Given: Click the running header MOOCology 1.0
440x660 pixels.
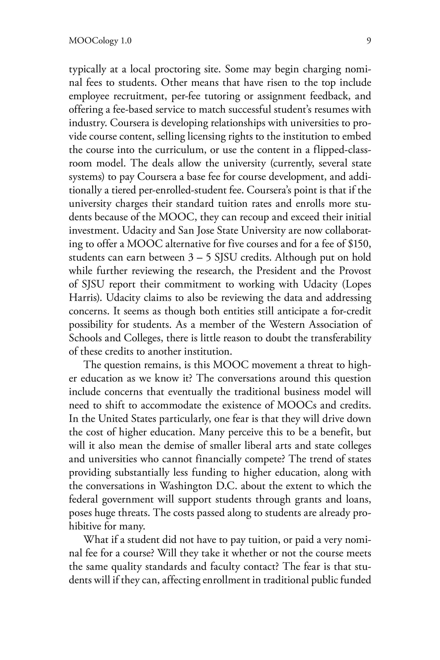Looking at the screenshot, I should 100,41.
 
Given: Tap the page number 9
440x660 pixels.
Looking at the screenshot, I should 368,41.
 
